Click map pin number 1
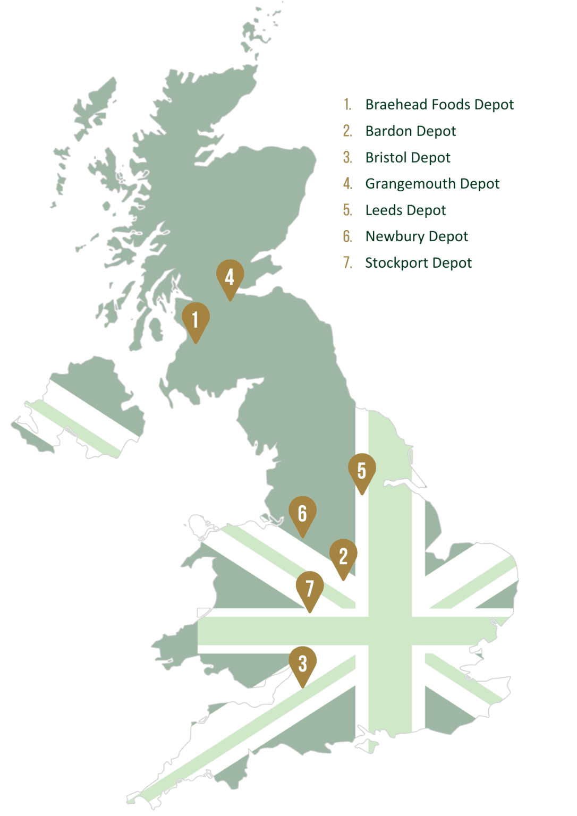click(196, 320)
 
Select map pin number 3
click(302, 664)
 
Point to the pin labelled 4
click(230, 277)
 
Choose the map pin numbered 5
click(362, 471)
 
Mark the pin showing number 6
click(302, 514)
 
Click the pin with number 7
click(310, 589)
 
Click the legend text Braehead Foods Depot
click(439, 105)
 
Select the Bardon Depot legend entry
click(411, 131)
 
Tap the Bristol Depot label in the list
click(408, 158)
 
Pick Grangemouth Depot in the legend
click(432, 184)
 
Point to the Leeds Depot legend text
click(405, 210)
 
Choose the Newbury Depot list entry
click(417, 236)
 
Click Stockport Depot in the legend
click(418, 263)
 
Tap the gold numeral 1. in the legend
click(347, 105)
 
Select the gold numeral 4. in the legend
click(347, 184)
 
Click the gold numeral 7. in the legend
click(347, 263)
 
